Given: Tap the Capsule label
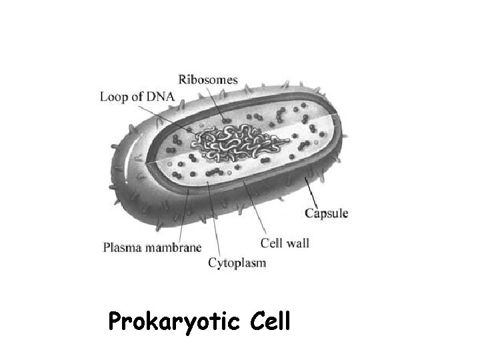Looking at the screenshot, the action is pos(326,213).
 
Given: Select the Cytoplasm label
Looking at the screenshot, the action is pos(237,263).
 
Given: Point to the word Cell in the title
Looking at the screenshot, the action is pos(272,322).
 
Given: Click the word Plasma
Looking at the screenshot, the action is pos(121,248).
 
